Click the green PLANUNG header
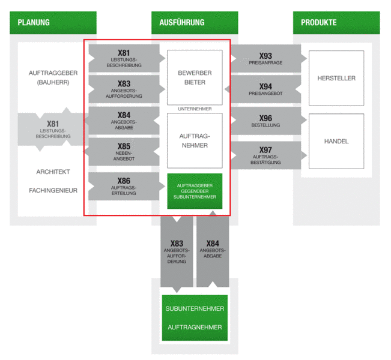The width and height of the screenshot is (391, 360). pos(53,23)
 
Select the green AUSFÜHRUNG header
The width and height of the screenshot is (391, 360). pos(195,23)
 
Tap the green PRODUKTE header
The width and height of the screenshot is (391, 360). pos(336,23)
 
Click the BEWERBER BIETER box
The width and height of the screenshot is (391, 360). pos(195,77)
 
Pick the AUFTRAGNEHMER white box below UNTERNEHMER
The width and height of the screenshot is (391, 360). pos(195,140)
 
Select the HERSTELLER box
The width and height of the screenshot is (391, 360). pos(336,78)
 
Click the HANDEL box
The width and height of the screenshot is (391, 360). pos(336,141)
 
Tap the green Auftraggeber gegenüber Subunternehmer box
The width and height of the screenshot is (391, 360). pos(195,191)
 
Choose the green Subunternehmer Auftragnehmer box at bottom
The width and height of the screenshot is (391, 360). pos(195,317)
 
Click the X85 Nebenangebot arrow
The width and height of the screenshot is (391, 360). pos(122,152)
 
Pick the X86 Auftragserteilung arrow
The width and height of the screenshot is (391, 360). pos(127,186)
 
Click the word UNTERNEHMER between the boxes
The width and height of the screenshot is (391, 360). pos(195,109)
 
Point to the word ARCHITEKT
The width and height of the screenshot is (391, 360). pos(53,172)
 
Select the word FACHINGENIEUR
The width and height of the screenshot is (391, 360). pos(53,191)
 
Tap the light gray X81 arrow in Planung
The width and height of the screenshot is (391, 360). pos(53,130)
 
